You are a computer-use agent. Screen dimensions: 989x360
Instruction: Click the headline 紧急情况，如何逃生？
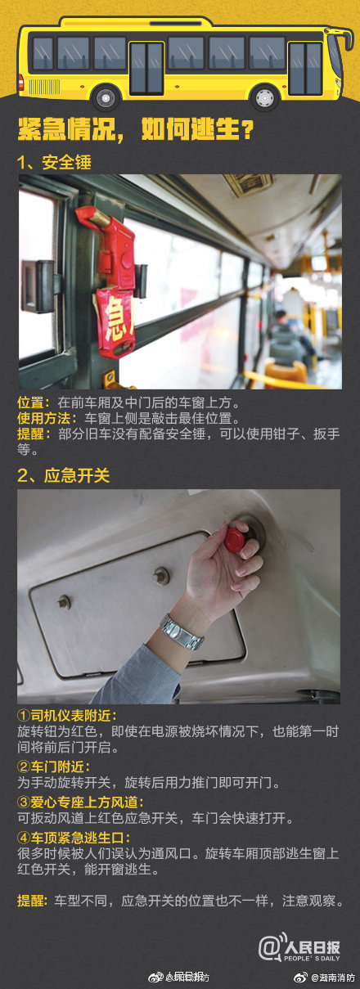click(135, 130)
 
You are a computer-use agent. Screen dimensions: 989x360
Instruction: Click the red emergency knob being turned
click(236, 537)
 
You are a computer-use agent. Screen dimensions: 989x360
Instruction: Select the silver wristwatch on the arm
click(181, 632)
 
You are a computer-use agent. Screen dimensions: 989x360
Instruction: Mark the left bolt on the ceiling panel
click(64, 603)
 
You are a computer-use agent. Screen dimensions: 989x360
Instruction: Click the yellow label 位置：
click(35, 402)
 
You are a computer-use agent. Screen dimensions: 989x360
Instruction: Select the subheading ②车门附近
click(54, 766)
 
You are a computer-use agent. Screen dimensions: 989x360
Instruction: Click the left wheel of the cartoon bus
click(106, 97)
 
